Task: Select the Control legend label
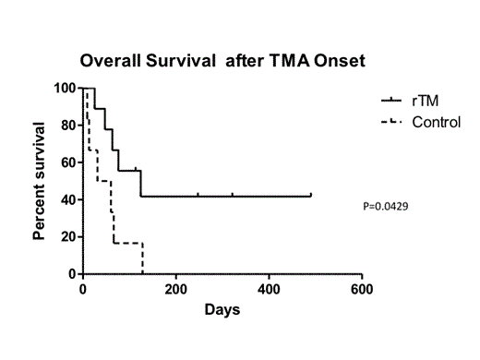tap(436, 122)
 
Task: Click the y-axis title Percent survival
tap(41, 180)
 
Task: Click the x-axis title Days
tap(222, 310)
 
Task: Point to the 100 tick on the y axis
tap(66, 89)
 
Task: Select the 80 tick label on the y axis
tap(68, 126)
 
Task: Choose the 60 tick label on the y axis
tap(68, 162)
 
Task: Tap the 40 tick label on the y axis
tap(68, 199)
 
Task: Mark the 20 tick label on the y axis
tap(68, 237)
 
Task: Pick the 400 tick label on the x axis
tap(269, 288)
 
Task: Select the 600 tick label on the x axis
tap(362, 288)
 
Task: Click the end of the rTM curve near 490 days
tap(311, 196)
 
